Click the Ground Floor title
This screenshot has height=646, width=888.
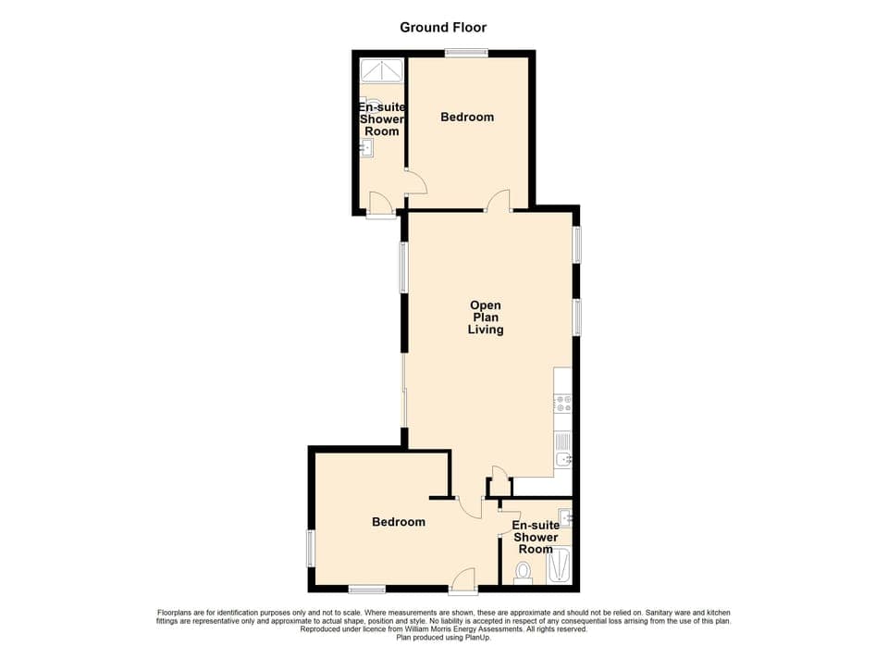coord(443,27)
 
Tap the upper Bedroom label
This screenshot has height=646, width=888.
coord(467,117)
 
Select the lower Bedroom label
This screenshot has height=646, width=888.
coord(399,522)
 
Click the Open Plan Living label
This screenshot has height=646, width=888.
coord(486,317)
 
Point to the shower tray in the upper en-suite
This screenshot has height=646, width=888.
coord(381,70)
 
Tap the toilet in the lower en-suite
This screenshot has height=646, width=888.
coord(524,572)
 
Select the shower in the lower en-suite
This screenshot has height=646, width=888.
coord(560,565)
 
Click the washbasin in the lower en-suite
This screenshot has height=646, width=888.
coord(564,516)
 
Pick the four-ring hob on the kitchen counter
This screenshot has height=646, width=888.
coord(562,404)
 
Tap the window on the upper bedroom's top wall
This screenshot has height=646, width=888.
coord(466,53)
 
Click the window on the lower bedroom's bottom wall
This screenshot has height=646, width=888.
coord(367,589)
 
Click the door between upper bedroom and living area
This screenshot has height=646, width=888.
coord(500,201)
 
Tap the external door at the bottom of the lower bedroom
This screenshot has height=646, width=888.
coord(462,580)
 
